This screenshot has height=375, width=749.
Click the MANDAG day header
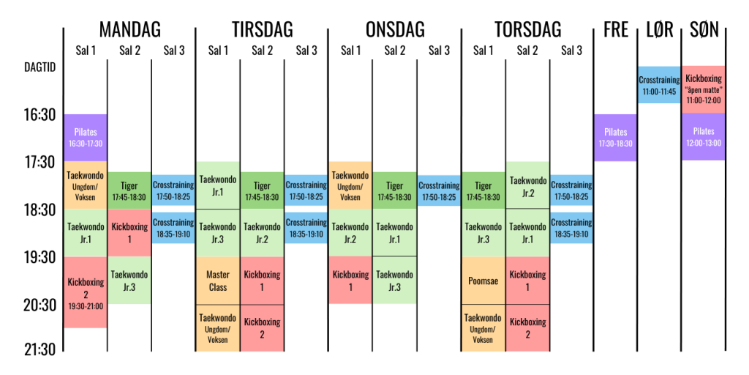coord(129,29)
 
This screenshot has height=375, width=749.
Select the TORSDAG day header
coord(527,29)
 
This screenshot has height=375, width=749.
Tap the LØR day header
coord(659,29)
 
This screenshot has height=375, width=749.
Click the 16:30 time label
coord(39,115)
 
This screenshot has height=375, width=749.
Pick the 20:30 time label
coord(39,305)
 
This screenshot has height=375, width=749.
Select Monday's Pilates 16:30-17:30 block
coord(86,138)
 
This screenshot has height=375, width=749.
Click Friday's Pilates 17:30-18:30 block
coord(615,138)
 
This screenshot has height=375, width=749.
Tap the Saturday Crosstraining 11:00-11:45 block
coord(659,85)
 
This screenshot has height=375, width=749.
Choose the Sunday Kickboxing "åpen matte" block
coord(703,89)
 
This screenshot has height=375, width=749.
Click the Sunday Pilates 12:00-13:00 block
coord(703,136)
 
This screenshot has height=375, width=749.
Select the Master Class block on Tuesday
coord(218,281)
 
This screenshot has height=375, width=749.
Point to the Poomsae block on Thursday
coord(483,281)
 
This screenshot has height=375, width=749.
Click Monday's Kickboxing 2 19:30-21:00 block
coord(86,292)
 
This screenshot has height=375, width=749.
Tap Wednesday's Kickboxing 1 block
coord(350,281)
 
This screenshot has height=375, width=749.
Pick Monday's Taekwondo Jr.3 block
coord(129,281)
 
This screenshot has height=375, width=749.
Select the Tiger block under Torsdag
coord(483,191)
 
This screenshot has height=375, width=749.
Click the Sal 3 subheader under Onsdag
coord(439,51)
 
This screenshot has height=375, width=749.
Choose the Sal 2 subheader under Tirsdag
coord(262,51)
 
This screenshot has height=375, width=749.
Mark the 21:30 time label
coord(39,350)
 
